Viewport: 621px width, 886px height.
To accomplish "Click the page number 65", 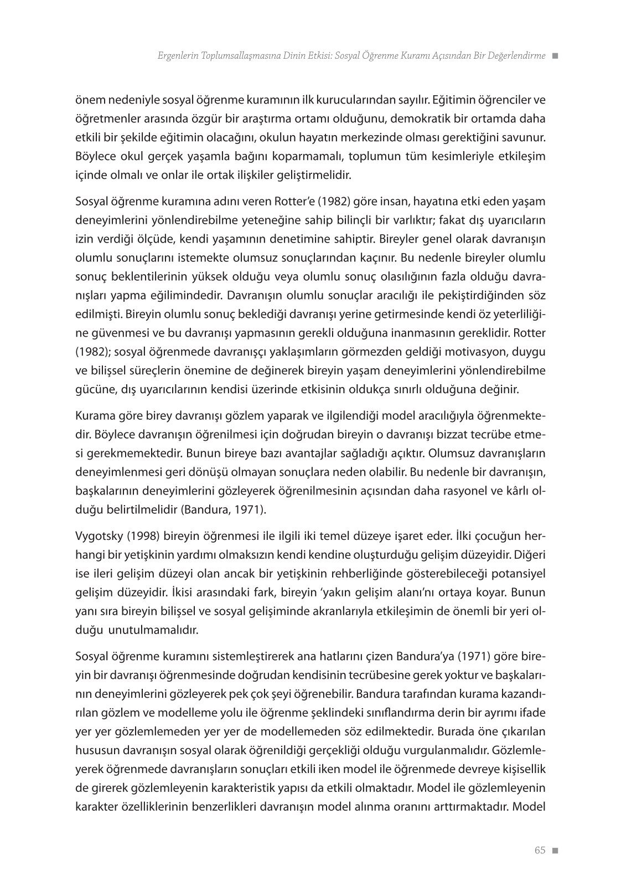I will click(x=540, y=850).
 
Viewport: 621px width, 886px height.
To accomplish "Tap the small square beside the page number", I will click(x=555, y=851).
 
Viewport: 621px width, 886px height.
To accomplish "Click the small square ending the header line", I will click(x=555, y=56).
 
